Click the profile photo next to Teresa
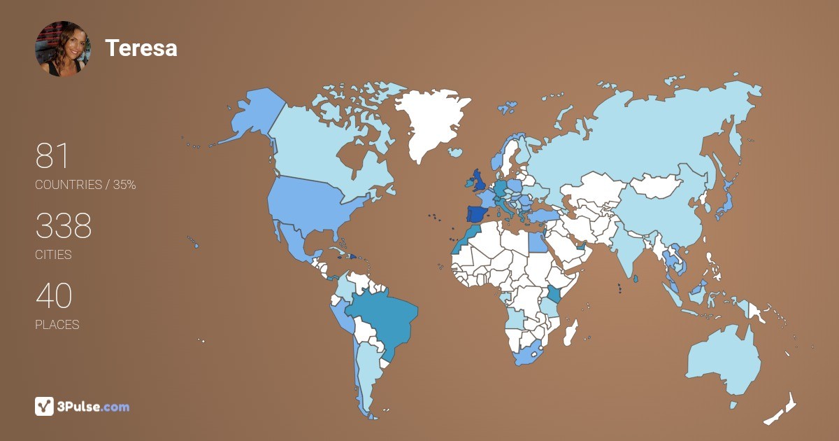(x=63, y=48)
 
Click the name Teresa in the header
(x=141, y=48)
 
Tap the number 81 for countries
(x=52, y=156)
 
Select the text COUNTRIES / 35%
(x=85, y=185)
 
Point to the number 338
(x=64, y=226)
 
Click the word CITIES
(x=53, y=255)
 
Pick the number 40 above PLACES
(x=53, y=296)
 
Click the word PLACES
(x=57, y=325)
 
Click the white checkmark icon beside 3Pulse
(x=44, y=406)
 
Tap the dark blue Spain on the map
(x=478, y=213)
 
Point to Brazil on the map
(x=381, y=322)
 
